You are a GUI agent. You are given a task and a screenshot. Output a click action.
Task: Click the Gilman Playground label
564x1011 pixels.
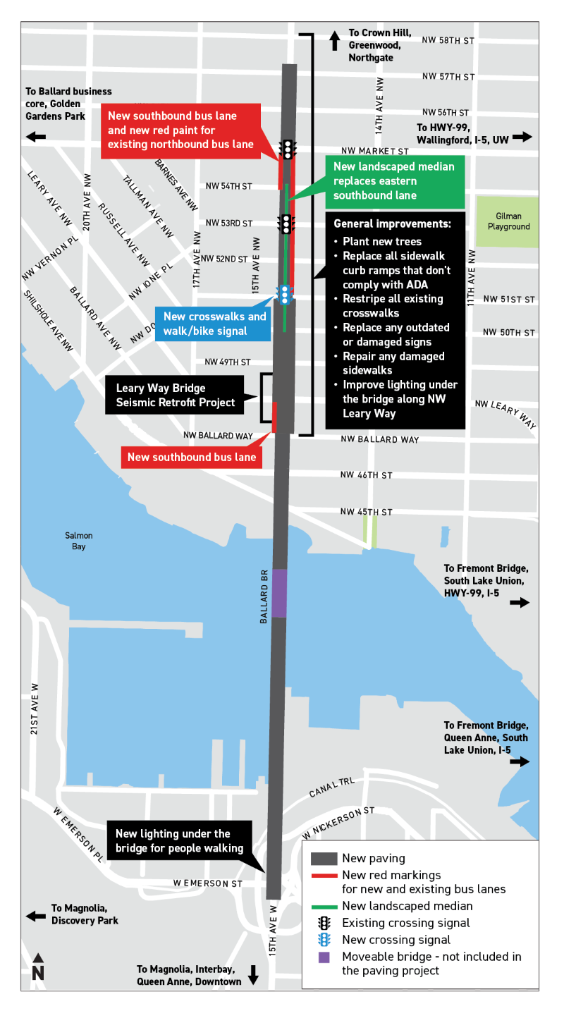click(508, 223)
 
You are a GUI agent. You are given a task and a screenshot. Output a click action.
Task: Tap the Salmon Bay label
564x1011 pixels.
click(78, 541)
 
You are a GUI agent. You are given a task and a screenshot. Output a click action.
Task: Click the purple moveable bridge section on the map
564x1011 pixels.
click(279, 593)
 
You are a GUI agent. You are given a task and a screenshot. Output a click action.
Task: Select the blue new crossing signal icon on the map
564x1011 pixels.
click(284, 294)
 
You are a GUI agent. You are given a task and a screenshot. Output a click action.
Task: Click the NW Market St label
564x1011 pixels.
click(374, 151)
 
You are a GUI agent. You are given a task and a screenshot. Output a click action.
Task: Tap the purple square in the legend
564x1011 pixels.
click(324, 957)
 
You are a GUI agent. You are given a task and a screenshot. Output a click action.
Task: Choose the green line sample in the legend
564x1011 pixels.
click(324, 906)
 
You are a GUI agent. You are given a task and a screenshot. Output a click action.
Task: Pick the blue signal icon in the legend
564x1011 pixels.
click(324, 939)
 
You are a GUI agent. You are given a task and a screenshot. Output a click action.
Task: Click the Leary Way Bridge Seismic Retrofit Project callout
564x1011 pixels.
click(176, 396)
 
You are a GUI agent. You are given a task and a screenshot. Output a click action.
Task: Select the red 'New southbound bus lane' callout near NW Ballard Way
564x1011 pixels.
click(192, 458)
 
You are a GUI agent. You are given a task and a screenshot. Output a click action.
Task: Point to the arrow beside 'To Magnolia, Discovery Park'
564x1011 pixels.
click(36, 915)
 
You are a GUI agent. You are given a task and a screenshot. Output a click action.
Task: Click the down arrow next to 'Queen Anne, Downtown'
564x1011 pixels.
click(254, 976)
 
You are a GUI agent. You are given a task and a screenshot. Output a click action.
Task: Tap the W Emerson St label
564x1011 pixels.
click(209, 883)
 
